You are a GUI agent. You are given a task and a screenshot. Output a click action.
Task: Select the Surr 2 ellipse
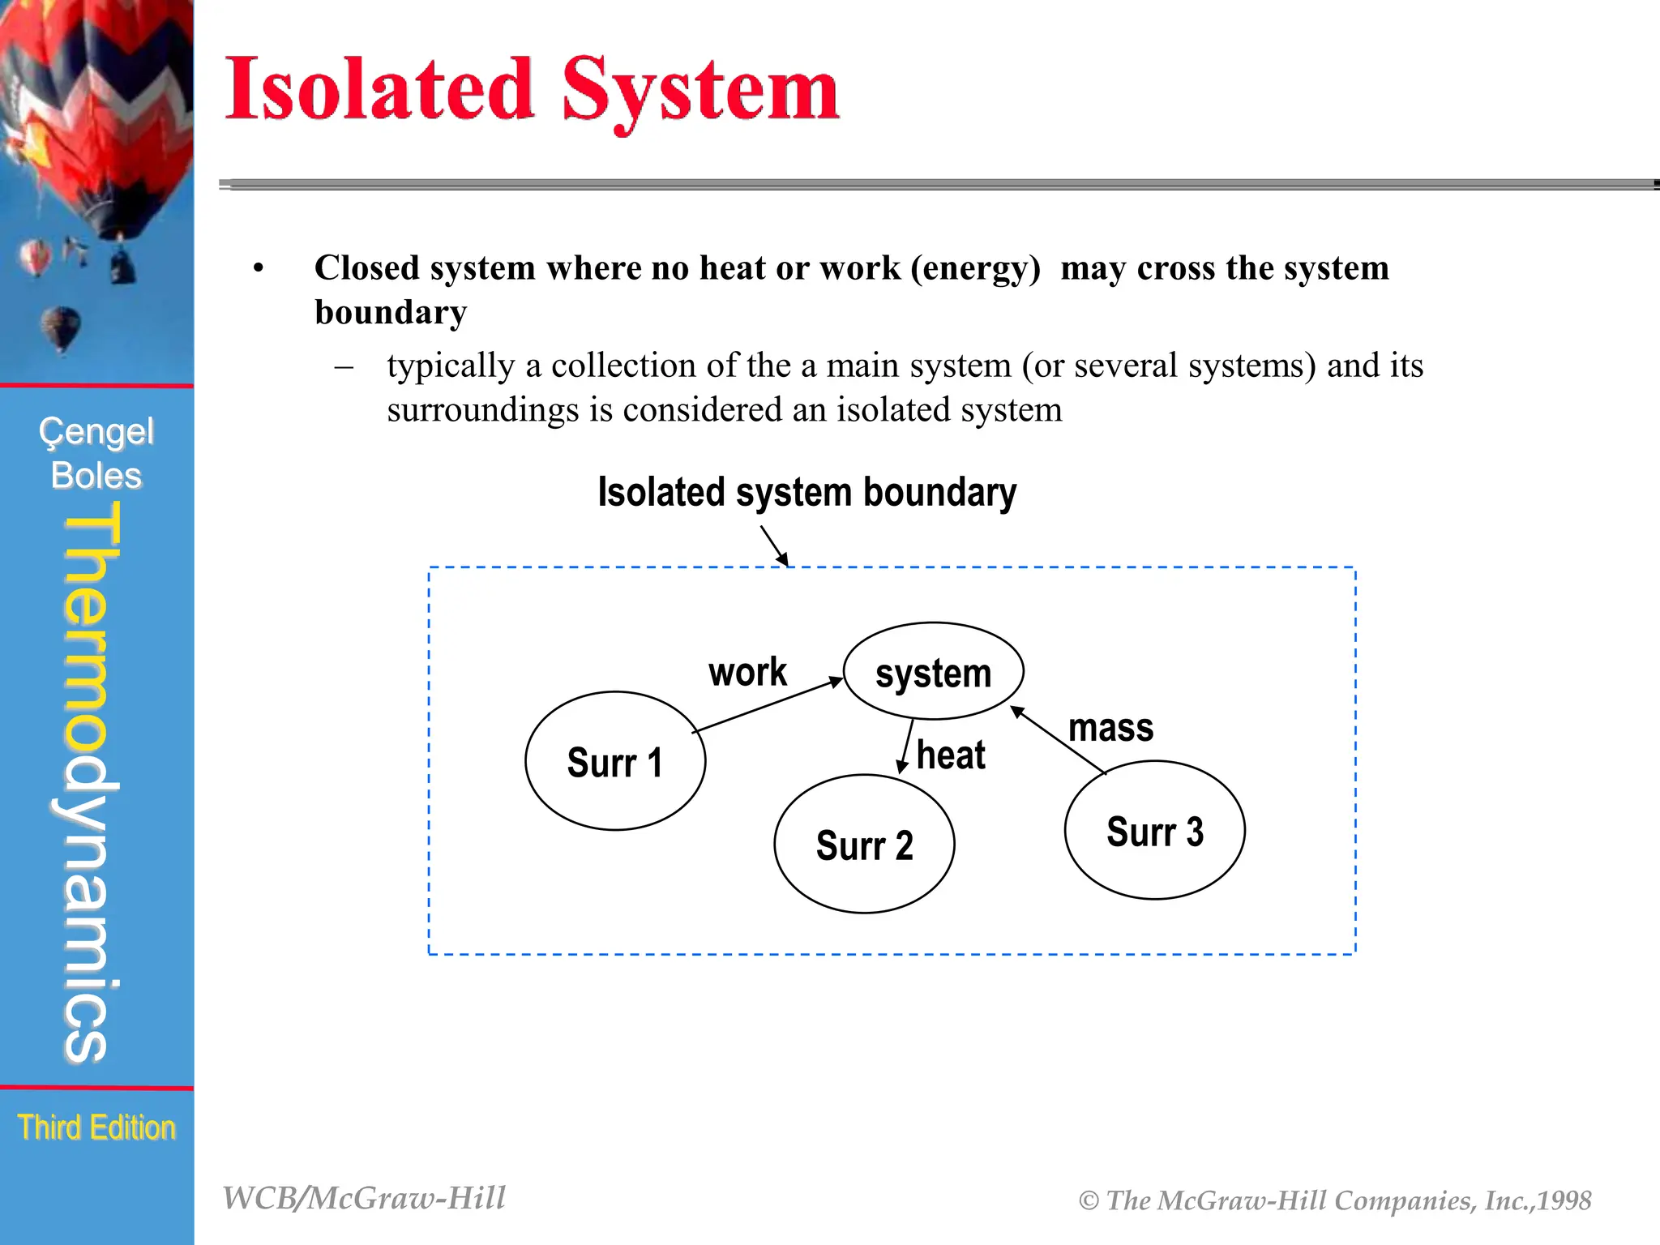[x=864, y=844]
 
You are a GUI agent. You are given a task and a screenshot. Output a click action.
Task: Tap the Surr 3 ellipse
[x=1154, y=830]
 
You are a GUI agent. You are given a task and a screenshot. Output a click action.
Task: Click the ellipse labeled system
[x=933, y=671]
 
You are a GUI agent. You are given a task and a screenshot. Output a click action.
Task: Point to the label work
[x=747, y=672]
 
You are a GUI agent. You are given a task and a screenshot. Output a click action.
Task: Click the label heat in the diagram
[x=951, y=755]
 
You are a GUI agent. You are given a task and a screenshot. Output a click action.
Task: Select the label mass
[x=1110, y=727]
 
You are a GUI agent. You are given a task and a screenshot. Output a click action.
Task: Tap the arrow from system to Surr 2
[x=906, y=747]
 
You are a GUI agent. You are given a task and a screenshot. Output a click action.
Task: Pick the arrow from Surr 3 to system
[x=1058, y=739]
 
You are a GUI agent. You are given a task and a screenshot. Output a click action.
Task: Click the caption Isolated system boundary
[x=806, y=492]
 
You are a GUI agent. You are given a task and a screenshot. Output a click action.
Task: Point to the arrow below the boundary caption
[x=774, y=545]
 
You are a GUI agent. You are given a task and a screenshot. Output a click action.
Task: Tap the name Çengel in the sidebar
[x=96, y=432]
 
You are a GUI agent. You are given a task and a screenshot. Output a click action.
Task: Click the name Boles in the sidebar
[x=96, y=476]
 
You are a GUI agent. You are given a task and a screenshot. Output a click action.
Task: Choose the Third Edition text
[x=96, y=1127]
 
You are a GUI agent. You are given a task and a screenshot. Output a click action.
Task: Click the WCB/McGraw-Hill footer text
[x=364, y=1198]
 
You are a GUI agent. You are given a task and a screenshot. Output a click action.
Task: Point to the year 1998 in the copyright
[x=1564, y=1200]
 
